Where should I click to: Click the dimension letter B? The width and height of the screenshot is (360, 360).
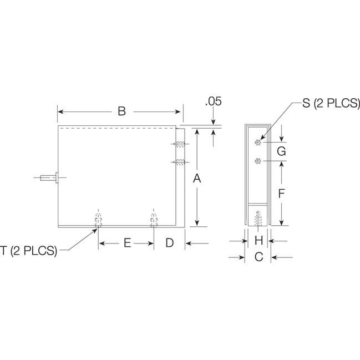point(121,111)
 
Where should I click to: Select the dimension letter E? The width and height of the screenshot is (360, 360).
point(126,243)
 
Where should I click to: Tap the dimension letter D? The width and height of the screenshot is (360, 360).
point(169,243)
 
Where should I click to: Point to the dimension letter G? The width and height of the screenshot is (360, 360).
point(281,151)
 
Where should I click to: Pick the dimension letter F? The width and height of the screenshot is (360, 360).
point(281,194)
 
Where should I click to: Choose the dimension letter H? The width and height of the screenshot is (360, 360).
point(258,241)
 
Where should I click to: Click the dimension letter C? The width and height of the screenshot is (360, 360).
point(258,257)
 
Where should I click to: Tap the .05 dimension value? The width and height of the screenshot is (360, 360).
point(213,102)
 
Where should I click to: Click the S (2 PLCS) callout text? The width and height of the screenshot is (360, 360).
point(331,103)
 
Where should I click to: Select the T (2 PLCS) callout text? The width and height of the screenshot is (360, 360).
point(29,251)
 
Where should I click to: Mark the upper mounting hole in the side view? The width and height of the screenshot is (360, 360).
point(258,143)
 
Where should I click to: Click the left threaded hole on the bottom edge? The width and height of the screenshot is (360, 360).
point(98,220)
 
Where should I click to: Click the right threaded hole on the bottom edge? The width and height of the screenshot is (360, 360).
point(154,220)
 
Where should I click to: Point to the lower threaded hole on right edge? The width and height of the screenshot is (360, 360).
point(180,162)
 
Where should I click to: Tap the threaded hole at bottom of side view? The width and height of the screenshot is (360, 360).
point(258,217)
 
